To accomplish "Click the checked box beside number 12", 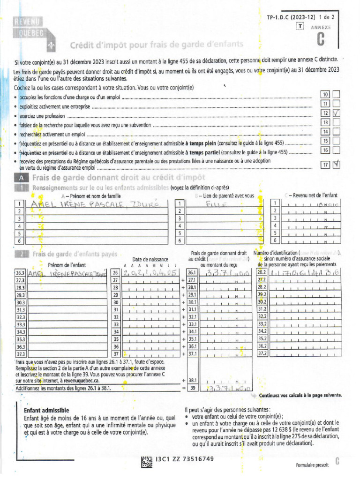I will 336,113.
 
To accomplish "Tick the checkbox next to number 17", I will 336,165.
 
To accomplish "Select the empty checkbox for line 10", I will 336,94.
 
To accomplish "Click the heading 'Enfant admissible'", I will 46,410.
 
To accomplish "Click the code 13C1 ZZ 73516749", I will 185,458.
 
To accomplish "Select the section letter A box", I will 22,178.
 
